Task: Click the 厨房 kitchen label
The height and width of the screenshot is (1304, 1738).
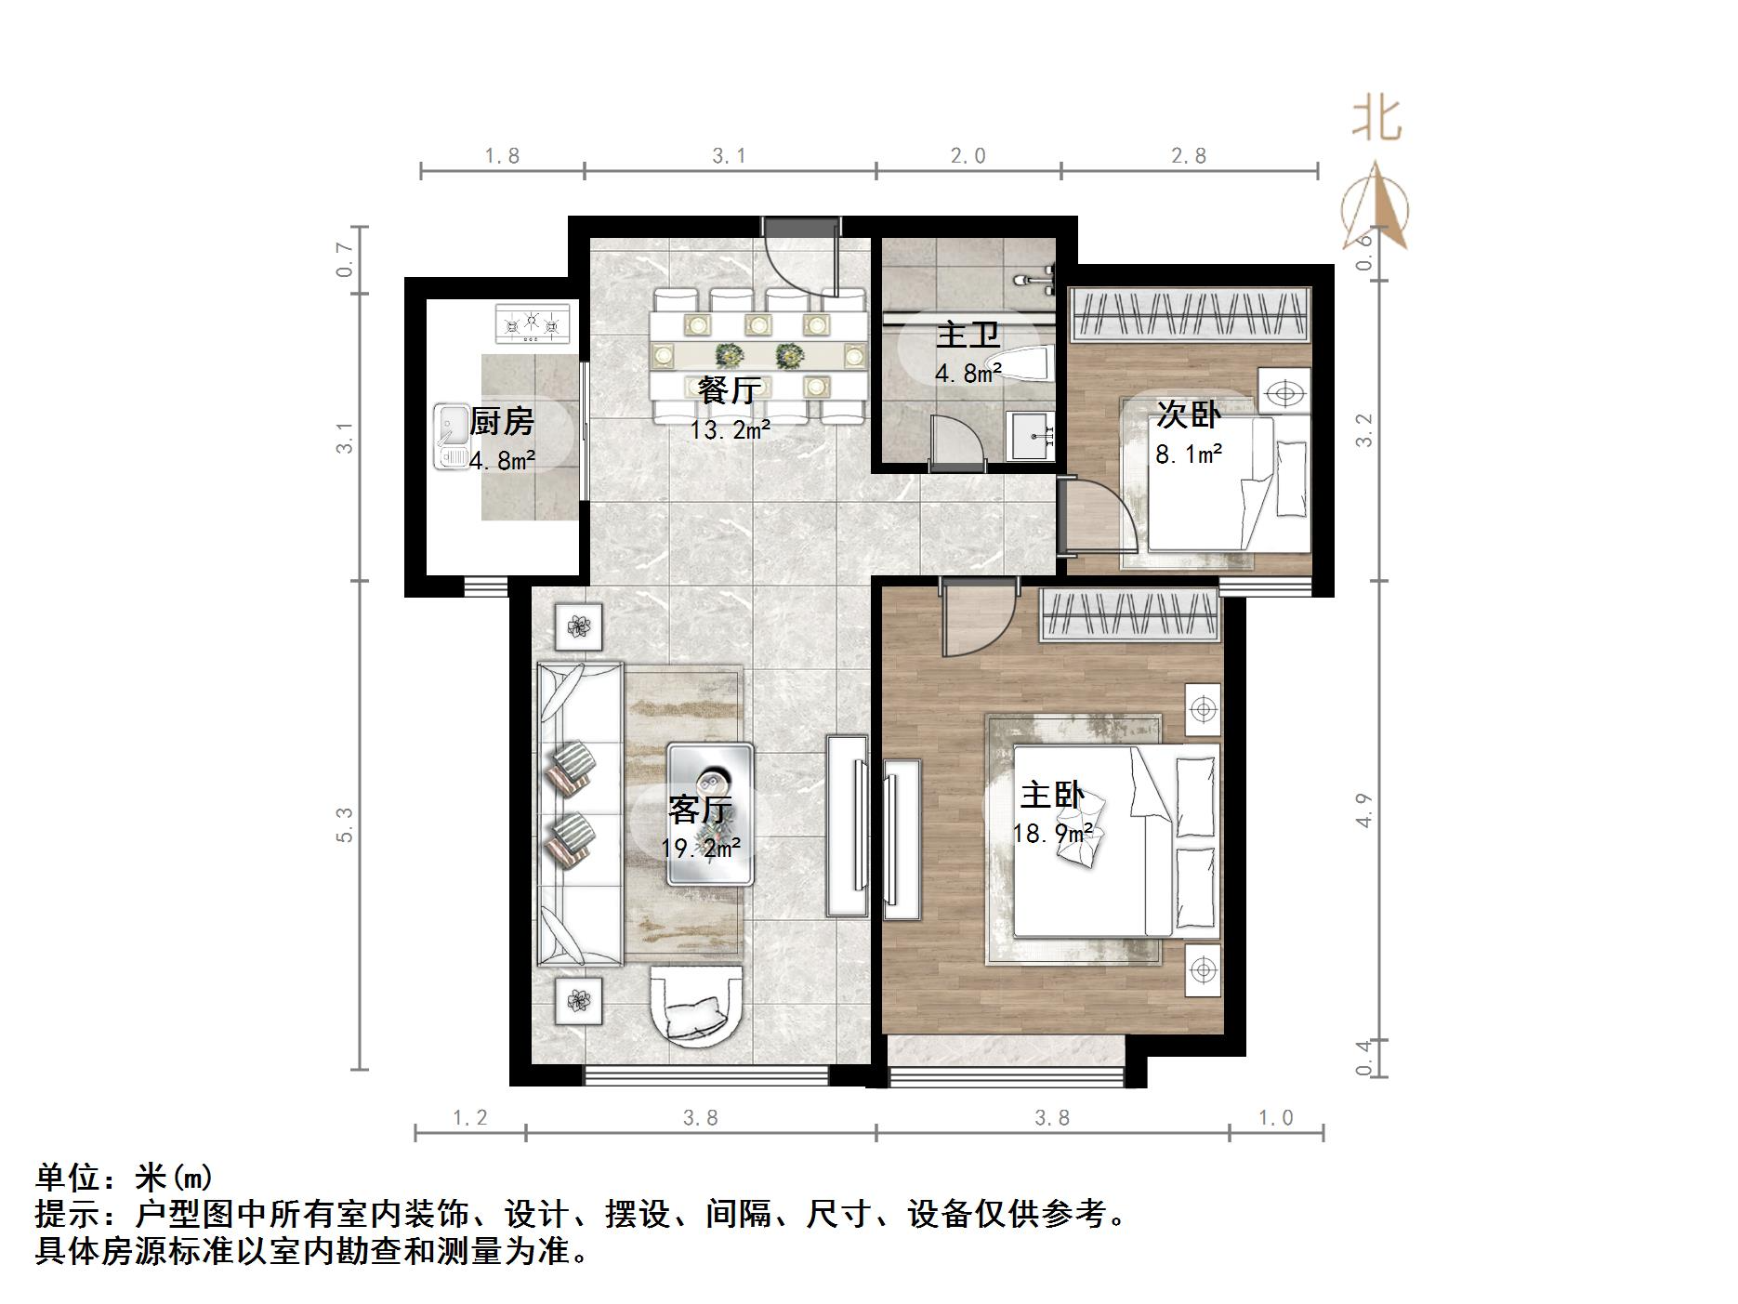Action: coord(502,422)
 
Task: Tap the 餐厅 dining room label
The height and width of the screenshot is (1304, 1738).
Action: coord(730,390)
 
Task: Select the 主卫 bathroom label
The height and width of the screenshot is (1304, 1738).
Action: coord(968,336)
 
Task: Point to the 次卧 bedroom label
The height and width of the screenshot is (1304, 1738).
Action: coord(1188,415)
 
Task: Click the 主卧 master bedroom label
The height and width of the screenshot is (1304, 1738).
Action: coord(1052,795)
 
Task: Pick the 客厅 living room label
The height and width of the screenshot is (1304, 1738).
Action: coord(700,810)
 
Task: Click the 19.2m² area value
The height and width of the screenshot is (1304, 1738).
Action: coord(700,848)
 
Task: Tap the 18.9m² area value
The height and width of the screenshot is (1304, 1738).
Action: coord(1052,834)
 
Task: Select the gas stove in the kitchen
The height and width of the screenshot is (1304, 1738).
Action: coord(533,324)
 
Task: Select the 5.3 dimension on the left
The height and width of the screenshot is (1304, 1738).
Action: coord(345,824)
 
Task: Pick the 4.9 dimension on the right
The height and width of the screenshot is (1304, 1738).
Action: coord(1363,810)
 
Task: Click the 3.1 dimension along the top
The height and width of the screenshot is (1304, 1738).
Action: coord(730,156)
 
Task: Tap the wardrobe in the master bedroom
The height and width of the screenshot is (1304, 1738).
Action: coord(1128,615)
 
